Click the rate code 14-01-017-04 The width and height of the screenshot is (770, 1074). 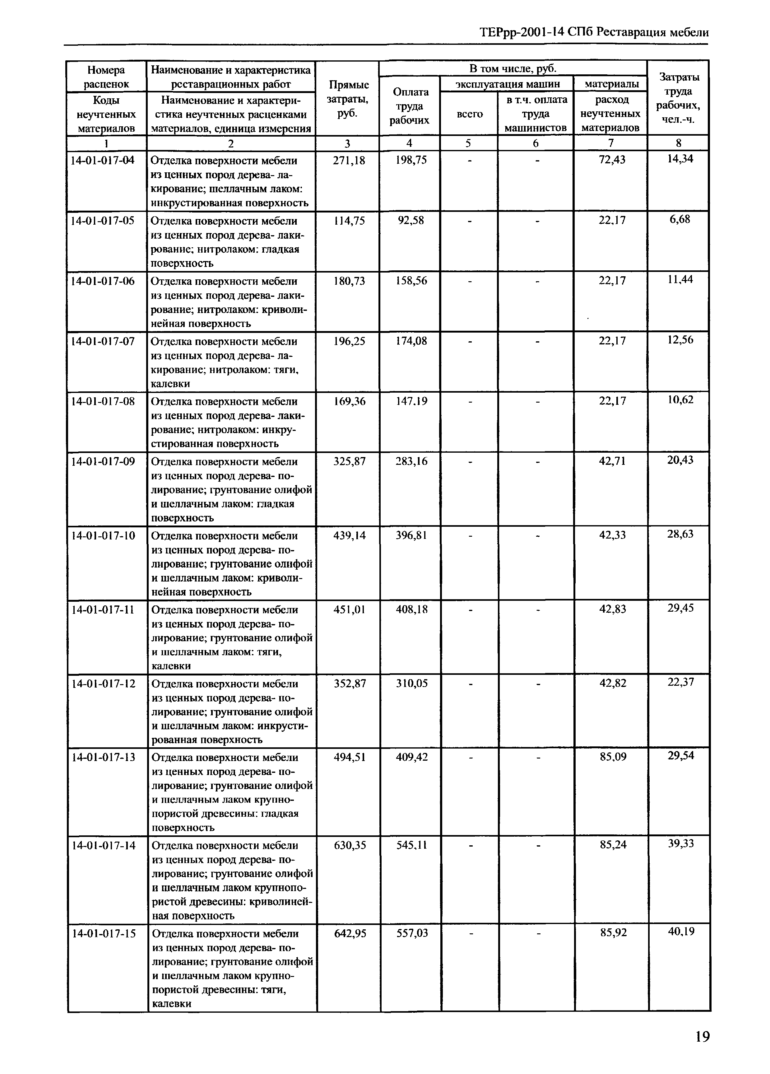[x=103, y=161]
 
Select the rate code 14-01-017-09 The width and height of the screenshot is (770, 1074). [x=103, y=461]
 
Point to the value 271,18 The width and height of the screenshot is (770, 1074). [x=349, y=161]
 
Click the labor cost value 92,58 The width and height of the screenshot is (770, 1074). [x=411, y=221]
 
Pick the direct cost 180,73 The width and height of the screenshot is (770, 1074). [x=349, y=281]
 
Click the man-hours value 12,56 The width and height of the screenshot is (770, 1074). [x=680, y=340]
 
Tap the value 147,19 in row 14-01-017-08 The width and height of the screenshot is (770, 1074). [x=411, y=401]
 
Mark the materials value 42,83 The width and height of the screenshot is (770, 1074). [x=612, y=609]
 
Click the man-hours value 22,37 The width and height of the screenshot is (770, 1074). [x=680, y=682]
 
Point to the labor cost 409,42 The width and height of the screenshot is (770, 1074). [x=412, y=757]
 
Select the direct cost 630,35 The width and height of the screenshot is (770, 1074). [x=350, y=845]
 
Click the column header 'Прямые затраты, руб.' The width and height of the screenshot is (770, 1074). [x=348, y=99]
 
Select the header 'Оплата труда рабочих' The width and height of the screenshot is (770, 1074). [x=410, y=106]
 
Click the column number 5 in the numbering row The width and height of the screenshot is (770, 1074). [x=469, y=143]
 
